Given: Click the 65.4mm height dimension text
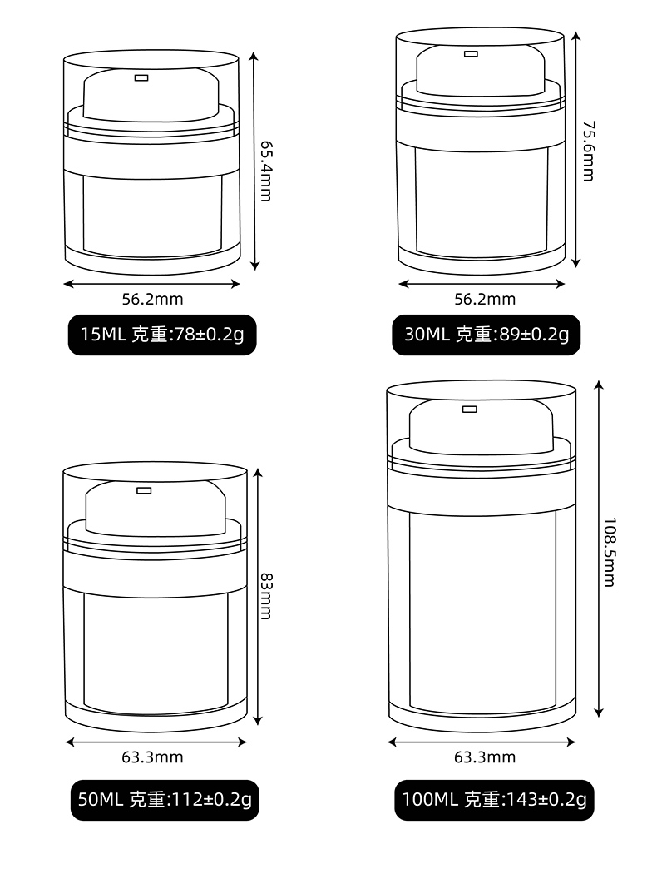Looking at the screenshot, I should point(266,170).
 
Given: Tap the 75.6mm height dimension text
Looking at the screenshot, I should point(588,151).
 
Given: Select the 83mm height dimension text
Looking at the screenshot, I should point(266,595).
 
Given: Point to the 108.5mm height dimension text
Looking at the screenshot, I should point(610,552).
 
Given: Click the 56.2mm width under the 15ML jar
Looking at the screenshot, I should point(152,299).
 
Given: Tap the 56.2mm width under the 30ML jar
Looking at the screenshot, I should point(485,299).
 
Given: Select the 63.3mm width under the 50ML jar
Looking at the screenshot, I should point(152,757).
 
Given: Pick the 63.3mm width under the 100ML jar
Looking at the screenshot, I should point(485,757).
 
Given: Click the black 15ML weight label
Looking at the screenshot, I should point(162,335).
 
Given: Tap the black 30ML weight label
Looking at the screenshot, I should point(487,335).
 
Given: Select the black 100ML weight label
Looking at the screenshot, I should point(494,800).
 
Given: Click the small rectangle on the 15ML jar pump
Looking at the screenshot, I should point(141,78).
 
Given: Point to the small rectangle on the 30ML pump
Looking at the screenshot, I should point(472,54).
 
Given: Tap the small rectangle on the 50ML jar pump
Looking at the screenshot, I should point(144,490).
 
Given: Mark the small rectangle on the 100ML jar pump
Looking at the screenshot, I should point(470,409).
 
